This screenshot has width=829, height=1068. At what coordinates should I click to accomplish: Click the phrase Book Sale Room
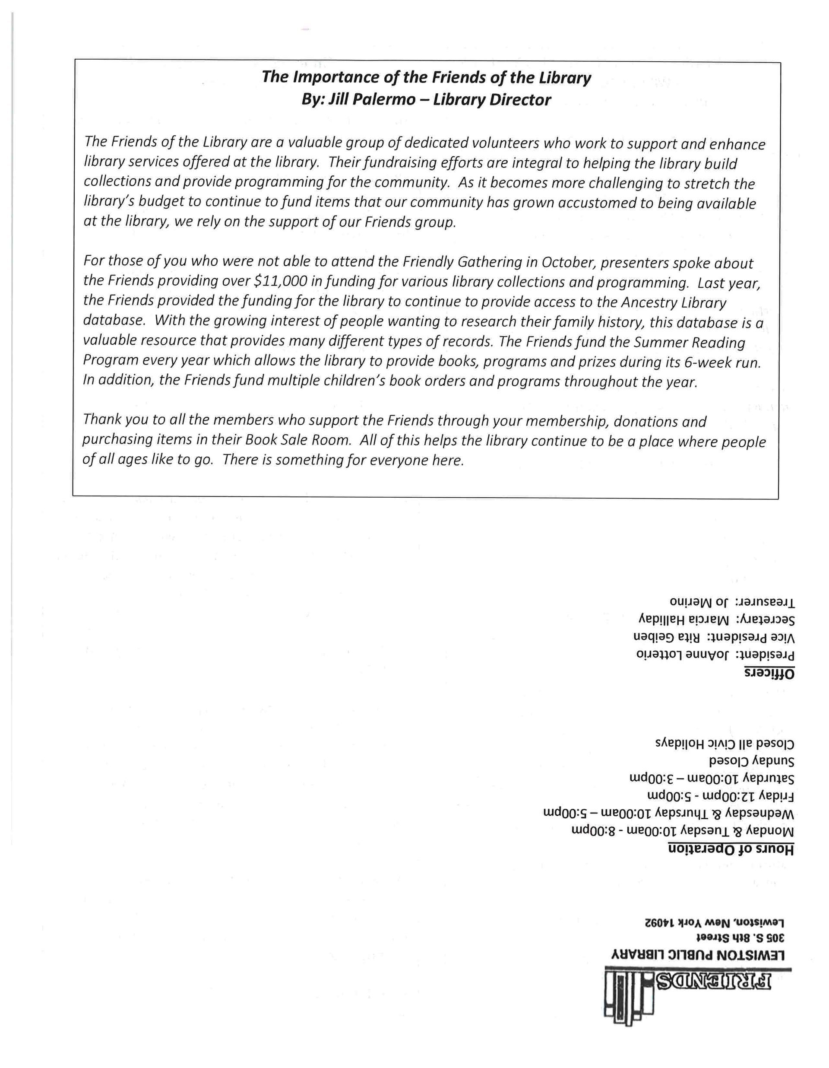click(x=297, y=440)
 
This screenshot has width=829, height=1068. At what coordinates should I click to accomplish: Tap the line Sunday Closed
click(x=751, y=761)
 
